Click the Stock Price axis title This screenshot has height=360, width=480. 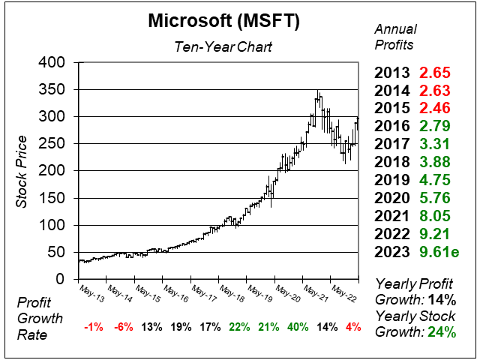coord(22,171)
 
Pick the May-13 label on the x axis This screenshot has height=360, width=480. coord(91,291)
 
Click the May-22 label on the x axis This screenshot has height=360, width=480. coord(344,291)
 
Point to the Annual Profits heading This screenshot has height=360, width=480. coord(394,35)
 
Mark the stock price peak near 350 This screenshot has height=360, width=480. coord(318,92)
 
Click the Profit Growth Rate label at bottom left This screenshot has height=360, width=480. coord(37,317)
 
